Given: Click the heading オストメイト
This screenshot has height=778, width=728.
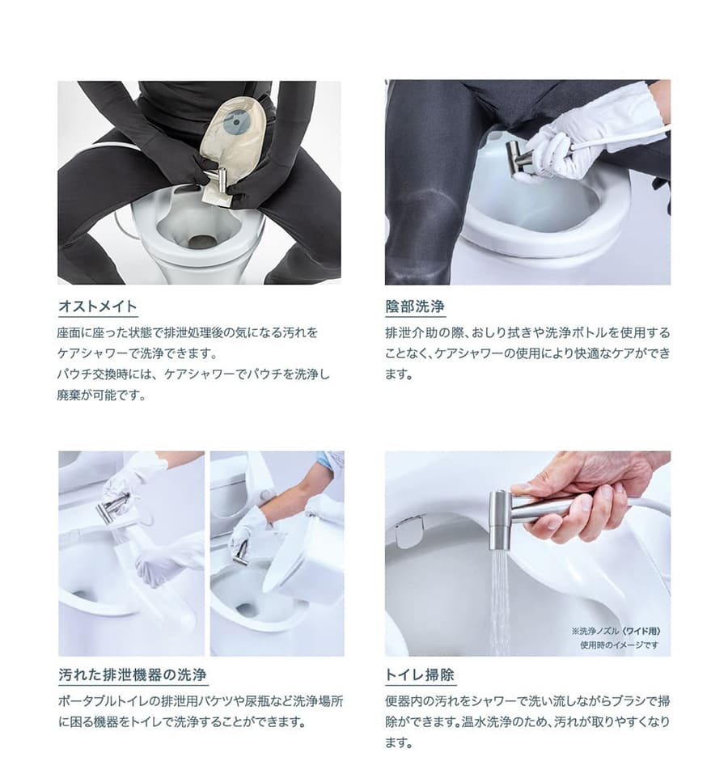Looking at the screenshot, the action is point(97,306).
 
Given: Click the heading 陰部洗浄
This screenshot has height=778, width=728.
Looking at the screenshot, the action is point(415,307).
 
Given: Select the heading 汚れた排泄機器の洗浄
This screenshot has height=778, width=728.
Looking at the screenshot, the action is point(133,674).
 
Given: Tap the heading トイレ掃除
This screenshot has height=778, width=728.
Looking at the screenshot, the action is point(420,674).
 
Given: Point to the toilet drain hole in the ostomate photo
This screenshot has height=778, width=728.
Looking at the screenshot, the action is point(201,242).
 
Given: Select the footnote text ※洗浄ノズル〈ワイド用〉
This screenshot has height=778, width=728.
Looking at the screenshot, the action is point(616,631).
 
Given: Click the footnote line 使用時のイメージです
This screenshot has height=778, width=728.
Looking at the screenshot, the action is point(620,645).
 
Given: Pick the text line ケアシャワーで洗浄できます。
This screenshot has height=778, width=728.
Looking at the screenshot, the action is point(138,353).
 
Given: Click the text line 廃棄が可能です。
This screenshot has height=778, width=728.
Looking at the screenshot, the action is point(102,395).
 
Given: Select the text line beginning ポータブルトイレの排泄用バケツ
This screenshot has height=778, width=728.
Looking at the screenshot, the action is point(201,701).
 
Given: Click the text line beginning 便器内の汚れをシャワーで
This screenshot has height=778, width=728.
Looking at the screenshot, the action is point(527,701).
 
